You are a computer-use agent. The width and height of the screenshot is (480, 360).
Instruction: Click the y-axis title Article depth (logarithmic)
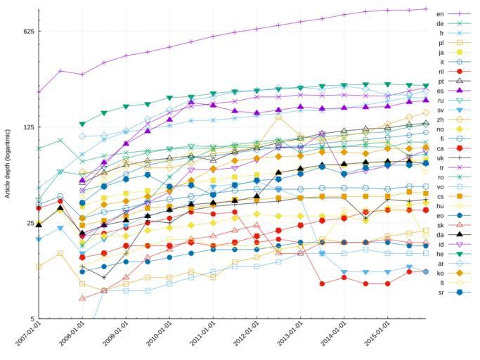point(8,163)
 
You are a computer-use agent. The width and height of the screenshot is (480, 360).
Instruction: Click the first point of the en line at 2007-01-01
point(39,91)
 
